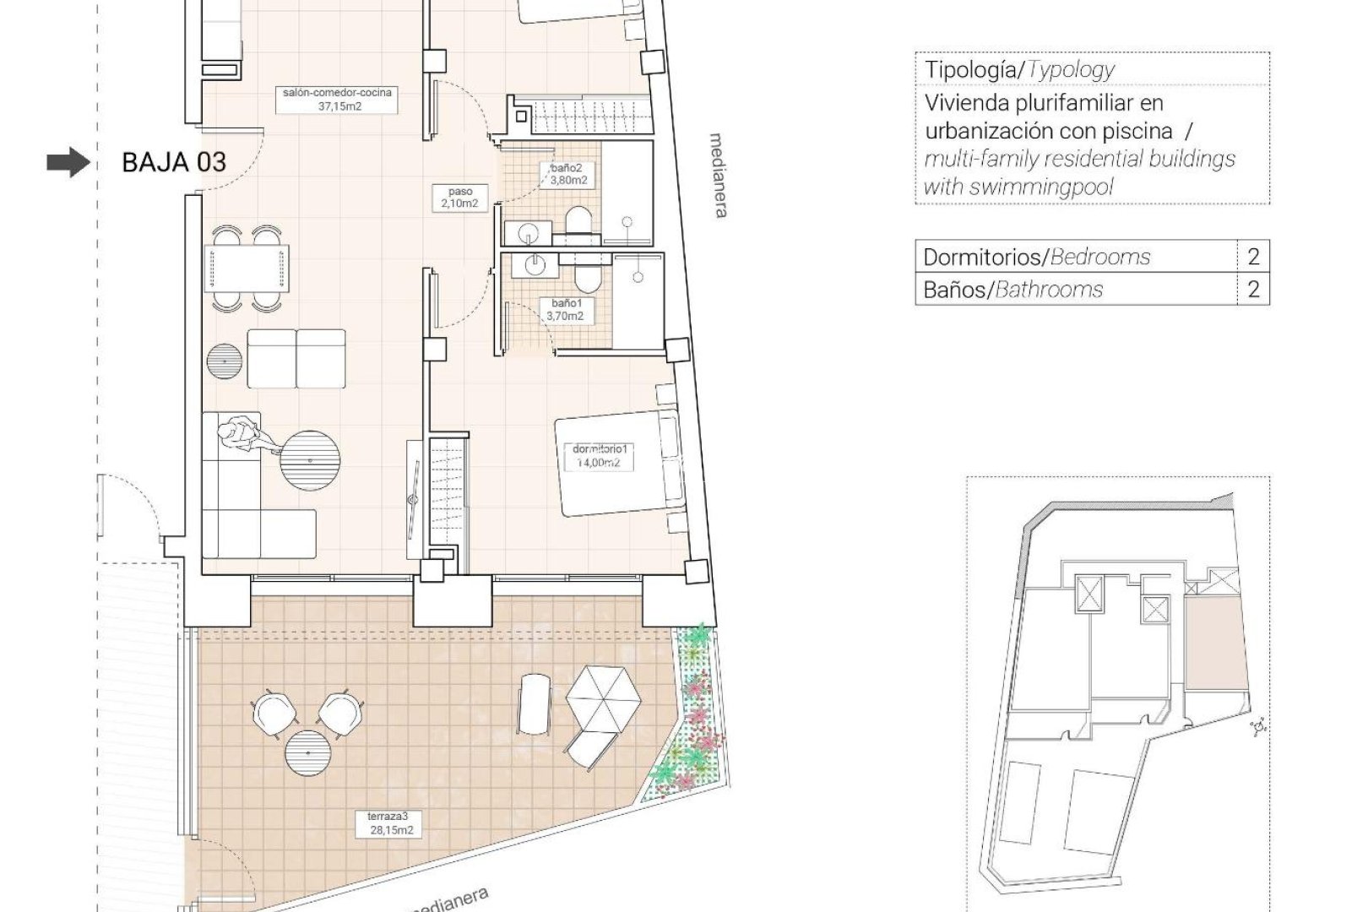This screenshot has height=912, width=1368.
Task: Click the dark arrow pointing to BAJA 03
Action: [68, 162]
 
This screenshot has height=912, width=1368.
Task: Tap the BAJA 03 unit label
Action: [174, 162]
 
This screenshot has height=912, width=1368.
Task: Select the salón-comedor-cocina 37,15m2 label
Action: [338, 100]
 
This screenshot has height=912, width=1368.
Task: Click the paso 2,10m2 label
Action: [461, 198]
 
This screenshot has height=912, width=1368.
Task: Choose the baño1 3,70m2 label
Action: [565, 310]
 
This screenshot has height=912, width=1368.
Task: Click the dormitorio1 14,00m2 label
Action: [600, 456]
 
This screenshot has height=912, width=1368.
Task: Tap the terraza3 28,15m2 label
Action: [389, 823]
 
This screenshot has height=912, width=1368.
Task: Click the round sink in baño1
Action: [534, 265]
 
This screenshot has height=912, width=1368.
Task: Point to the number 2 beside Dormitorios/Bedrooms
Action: [1253, 257]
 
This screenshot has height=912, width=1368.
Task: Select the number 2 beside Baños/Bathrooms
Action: [1253, 290]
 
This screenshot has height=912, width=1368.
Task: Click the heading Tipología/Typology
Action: [1019, 69]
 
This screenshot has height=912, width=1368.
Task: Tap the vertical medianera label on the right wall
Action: [719, 175]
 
